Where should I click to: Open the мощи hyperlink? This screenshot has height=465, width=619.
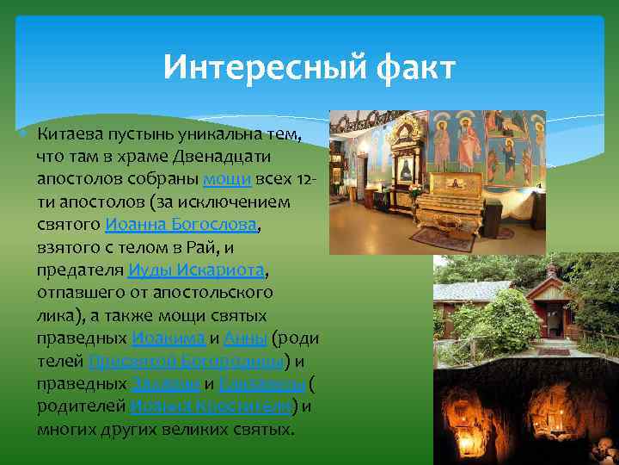[x=227, y=179]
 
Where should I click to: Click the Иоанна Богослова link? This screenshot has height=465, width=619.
[x=181, y=225]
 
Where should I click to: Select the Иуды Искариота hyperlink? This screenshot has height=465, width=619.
[x=197, y=270]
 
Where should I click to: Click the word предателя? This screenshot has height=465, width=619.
[x=80, y=270]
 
